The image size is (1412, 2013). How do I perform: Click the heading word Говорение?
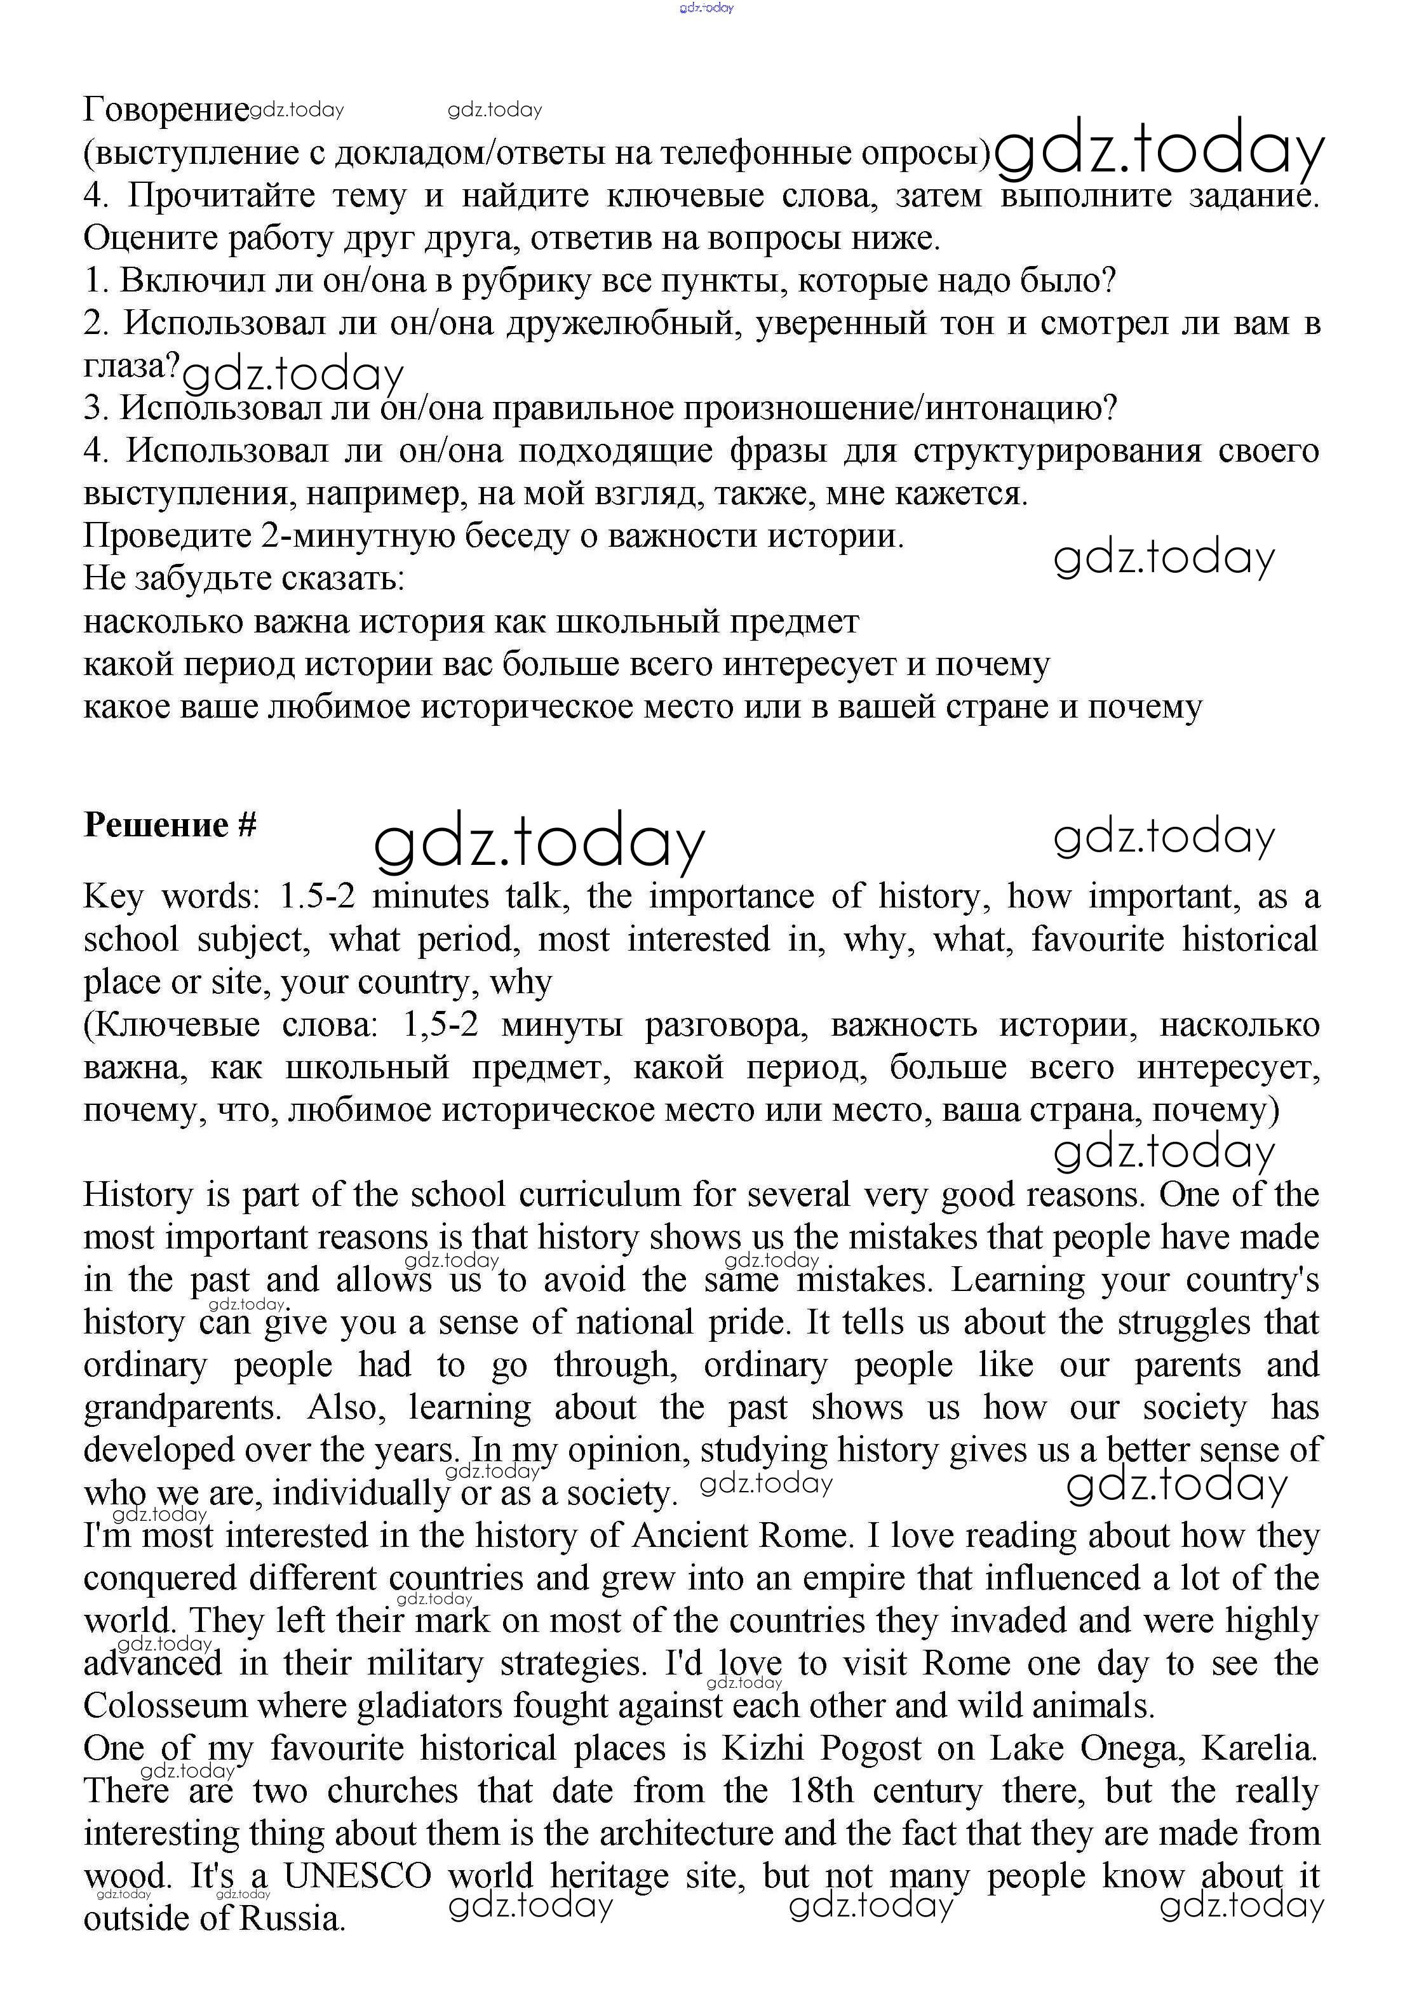click(x=166, y=110)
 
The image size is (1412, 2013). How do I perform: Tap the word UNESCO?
click(x=357, y=1876)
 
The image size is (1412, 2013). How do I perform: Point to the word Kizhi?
click(x=763, y=1748)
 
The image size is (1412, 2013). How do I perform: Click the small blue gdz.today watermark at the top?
click(x=706, y=8)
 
